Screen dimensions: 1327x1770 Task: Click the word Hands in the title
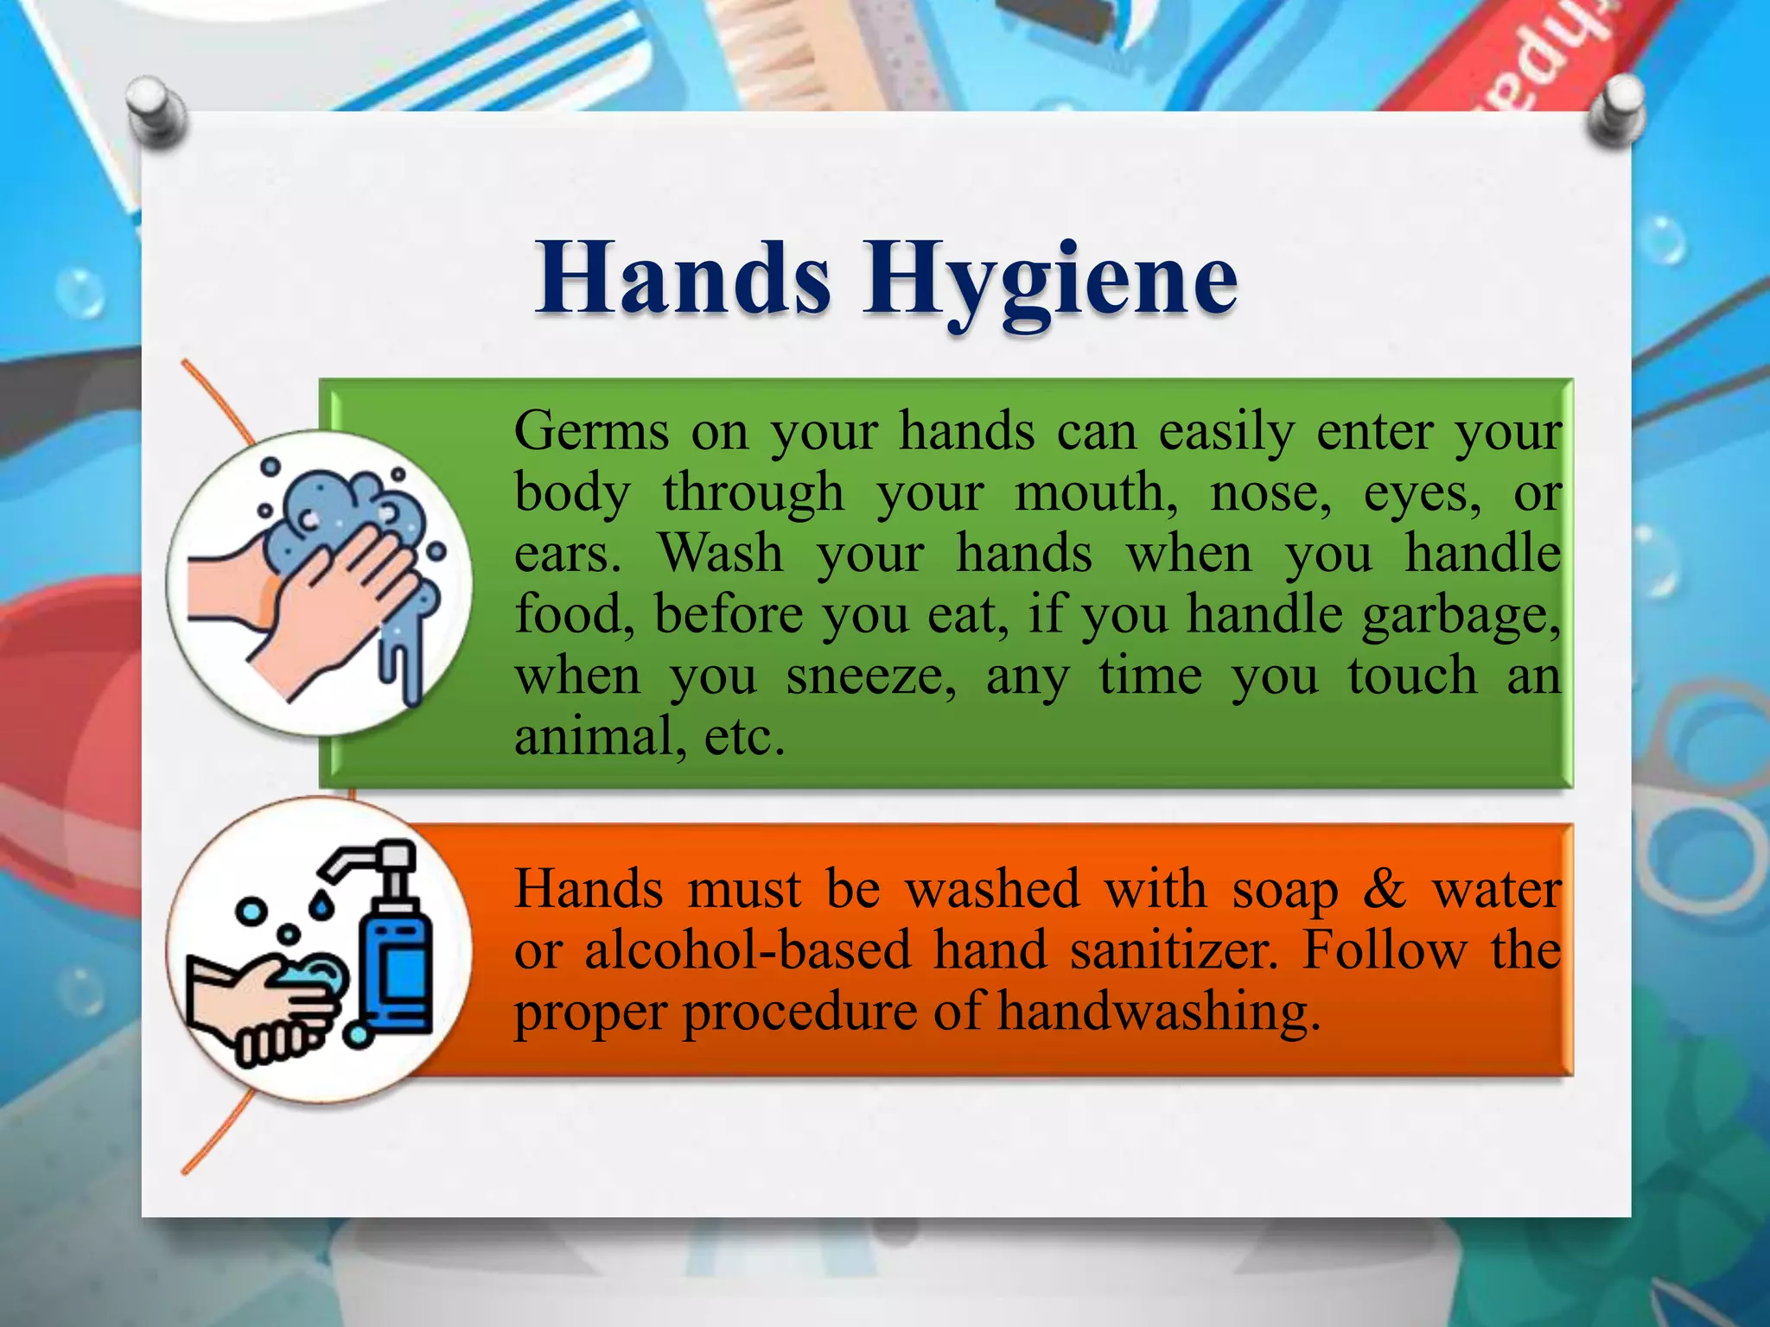[683, 278]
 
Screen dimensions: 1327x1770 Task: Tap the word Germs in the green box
[591, 431]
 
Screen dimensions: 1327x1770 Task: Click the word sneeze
[871, 676]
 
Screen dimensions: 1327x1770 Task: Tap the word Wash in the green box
[721, 553]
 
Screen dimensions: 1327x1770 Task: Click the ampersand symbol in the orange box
[1385, 889]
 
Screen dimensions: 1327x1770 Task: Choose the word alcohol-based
[748, 950]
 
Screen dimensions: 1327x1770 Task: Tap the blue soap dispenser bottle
[396, 968]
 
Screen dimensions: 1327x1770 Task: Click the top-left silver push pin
[156, 111]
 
